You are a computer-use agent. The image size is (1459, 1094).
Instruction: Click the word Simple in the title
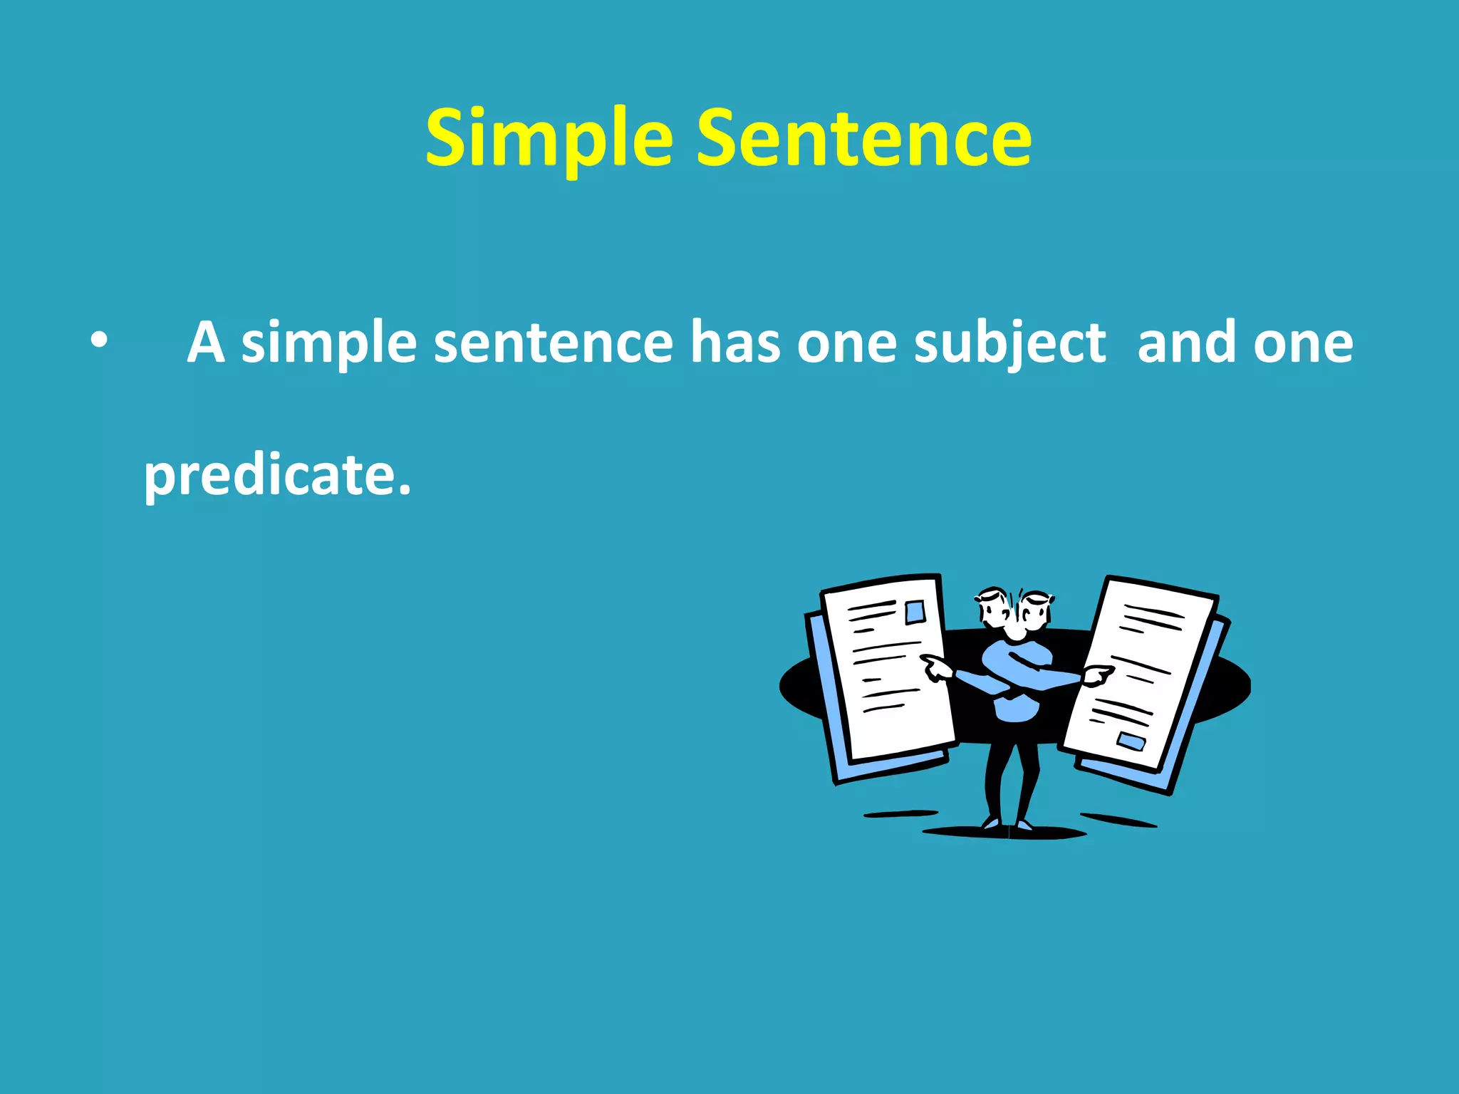[x=549, y=139]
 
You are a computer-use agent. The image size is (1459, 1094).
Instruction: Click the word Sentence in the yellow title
[x=863, y=139]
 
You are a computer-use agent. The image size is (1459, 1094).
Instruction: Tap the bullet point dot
[x=99, y=342]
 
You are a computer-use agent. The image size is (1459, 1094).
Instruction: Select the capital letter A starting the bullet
[x=206, y=343]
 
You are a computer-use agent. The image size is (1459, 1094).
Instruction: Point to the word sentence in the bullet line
[x=553, y=343]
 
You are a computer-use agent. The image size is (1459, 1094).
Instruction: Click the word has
[x=734, y=343]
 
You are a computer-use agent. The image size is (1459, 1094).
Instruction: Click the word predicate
[x=276, y=476]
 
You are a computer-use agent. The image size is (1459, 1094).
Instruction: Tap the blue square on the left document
[x=915, y=613]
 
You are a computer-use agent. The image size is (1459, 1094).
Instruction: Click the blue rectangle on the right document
[x=1131, y=741]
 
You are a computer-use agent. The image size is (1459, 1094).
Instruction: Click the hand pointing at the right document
[x=1097, y=674]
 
